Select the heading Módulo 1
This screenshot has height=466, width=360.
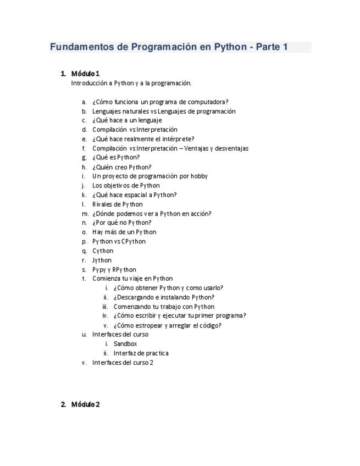pos(85,74)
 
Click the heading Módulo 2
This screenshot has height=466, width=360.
pos(85,405)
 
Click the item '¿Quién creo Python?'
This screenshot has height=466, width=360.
pos(121,167)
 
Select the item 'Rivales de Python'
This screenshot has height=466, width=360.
pos(117,204)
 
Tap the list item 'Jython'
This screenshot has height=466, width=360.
pos(102,260)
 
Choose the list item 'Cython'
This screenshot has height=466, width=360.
pos(103,251)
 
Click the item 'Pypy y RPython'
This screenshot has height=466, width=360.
pos(114,270)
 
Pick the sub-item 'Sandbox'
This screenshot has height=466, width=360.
pos(125,344)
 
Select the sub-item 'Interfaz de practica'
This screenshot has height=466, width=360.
pos(141,353)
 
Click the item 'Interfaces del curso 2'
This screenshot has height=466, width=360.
pos(123,363)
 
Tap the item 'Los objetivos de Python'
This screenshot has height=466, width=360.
pos(126,186)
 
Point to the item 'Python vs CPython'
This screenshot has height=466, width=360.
pos(119,242)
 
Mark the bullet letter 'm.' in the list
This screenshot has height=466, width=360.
pos(85,214)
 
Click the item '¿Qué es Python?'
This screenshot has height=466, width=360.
pos(116,158)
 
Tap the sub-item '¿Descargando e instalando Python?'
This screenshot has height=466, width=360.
pos(164,297)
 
